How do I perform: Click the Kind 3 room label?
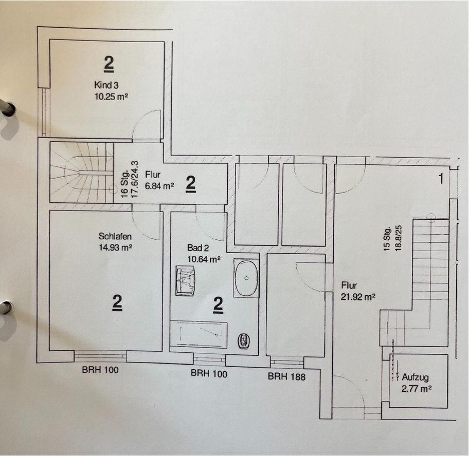(x=107, y=85)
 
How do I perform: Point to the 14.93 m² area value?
(x=116, y=247)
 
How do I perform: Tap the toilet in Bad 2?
(x=244, y=341)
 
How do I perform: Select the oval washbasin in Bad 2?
(x=246, y=278)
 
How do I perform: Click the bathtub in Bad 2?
(x=199, y=335)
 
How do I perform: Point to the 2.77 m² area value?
(x=416, y=389)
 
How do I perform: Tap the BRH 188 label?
(x=286, y=376)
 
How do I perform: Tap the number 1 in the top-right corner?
(x=440, y=180)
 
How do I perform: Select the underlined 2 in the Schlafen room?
(x=118, y=304)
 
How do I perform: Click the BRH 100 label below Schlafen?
(x=100, y=369)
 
